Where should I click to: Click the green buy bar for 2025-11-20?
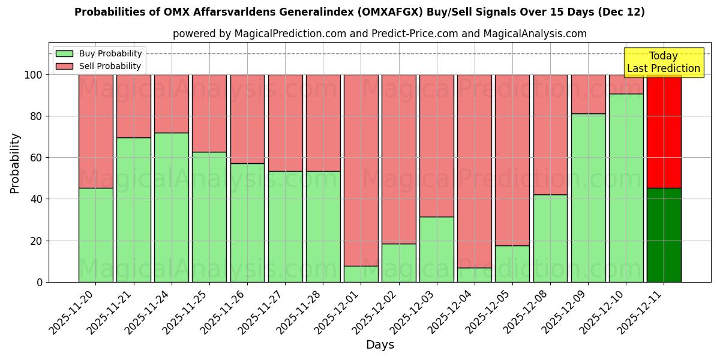coord(95,235)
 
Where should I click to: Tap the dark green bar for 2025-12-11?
coord(664,235)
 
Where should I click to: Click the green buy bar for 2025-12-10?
coord(626,187)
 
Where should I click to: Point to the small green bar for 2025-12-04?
coord(475,275)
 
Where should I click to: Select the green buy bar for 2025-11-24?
coord(172,207)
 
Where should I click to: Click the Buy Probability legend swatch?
coord(64,54)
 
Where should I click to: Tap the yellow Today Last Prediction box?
coord(664,62)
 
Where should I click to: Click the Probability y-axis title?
coord(15,163)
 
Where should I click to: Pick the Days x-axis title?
coord(380,345)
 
